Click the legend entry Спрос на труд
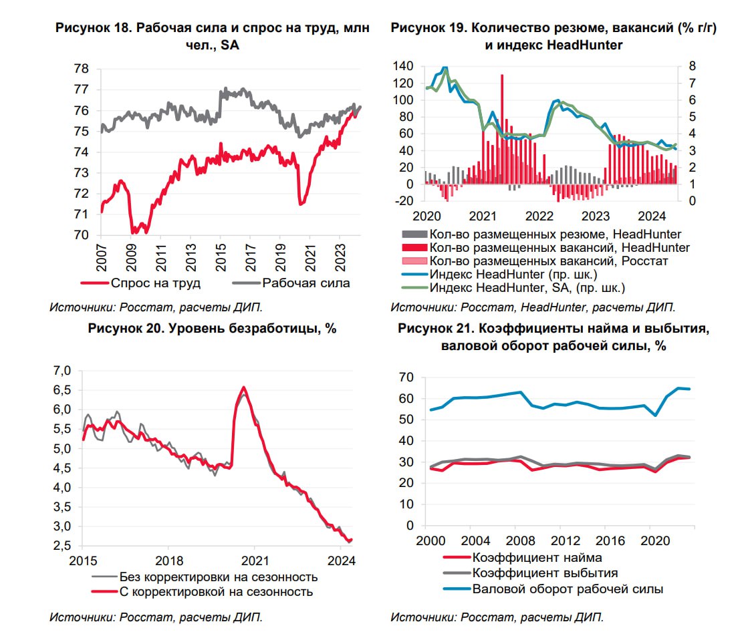[x=156, y=283]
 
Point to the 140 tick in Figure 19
[x=404, y=66]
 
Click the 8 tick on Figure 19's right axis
[x=685, y=66]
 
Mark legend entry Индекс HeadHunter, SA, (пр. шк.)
[x=528, y=288]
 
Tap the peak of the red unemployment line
[x=243, y=387]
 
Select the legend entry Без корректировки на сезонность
[x=218, y=577]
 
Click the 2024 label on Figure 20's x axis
[x=341, y=559]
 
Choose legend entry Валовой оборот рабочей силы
[x=568, y=589]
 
